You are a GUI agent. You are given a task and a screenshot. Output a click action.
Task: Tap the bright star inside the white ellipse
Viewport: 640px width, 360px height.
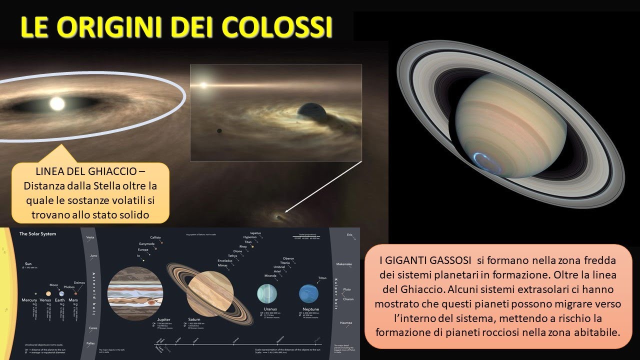pyautogui.click(x=57, y=103)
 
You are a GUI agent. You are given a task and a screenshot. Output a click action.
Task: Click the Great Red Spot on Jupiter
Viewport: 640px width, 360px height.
pyautogui.click(x=150, y=302)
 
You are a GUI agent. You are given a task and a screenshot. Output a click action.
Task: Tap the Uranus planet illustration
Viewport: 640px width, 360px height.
pyautogui.click(x=266, y=293)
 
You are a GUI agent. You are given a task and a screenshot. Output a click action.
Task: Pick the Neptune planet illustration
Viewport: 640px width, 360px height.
pyautogui.click(x=308, y=294)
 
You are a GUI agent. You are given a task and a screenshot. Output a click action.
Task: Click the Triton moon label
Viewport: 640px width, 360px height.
pyautogui.click(x=321, y=278)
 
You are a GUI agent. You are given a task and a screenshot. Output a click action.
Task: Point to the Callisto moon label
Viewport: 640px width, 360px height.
pyautogui.click(x=155, y=237)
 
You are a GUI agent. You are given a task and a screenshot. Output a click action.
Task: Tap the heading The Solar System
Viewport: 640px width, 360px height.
pyautogui.click(x=37, y=234)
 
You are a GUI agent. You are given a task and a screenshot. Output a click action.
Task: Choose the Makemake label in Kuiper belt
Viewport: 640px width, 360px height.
pyautogui.click(x=345, y=263)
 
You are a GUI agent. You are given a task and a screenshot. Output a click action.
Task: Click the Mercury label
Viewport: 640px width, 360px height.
pyautogui.click(x=29, y=300)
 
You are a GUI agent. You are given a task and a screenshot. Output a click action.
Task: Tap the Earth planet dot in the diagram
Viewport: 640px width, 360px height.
pyautogui.click(x=61, y=294)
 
